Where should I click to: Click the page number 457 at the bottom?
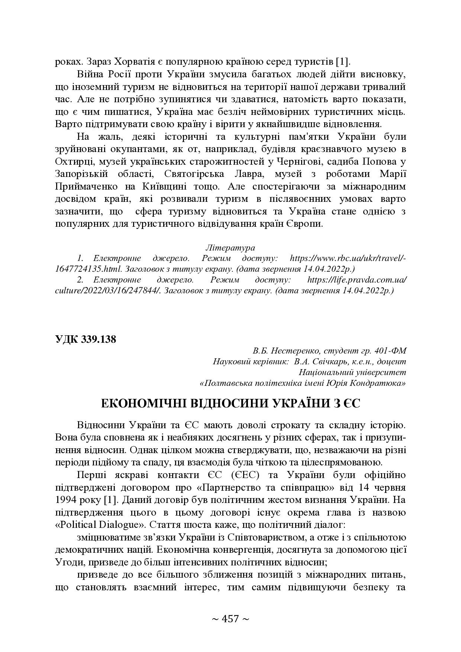point(230,619)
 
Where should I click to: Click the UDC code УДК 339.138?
point(85,339)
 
